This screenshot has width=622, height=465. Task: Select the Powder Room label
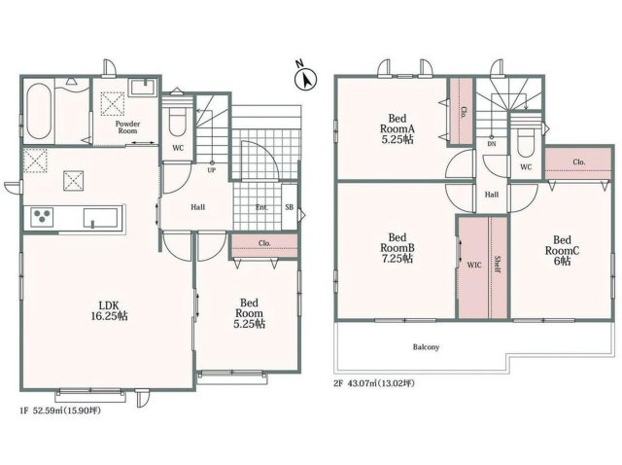[127, 127]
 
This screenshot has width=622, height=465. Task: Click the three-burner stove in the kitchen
[42, 217]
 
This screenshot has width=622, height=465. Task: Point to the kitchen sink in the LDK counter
[101, 218]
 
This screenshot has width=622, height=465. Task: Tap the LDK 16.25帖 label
[109, 310]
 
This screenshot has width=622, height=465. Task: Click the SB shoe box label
[290, 207]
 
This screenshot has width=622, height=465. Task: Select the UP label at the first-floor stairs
[212, 171]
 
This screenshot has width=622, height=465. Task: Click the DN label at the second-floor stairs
[492, 144]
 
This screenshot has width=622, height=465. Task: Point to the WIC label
[473, 265]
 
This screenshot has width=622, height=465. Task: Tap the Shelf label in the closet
[497, 264]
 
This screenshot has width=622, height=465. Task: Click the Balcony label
[426, 347]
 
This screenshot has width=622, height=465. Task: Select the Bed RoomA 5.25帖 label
[397, 128]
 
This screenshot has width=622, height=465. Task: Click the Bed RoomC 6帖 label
[562, 251]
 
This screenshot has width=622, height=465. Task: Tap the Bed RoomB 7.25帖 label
[397, 248]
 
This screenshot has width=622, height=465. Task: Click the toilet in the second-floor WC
[526, 139]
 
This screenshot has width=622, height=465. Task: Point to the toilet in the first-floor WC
[177, 121]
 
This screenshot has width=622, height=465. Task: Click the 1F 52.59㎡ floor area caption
[60, 411]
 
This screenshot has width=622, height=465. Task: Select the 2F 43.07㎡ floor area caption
[374, 383]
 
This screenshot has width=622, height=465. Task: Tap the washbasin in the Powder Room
[143, 88]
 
